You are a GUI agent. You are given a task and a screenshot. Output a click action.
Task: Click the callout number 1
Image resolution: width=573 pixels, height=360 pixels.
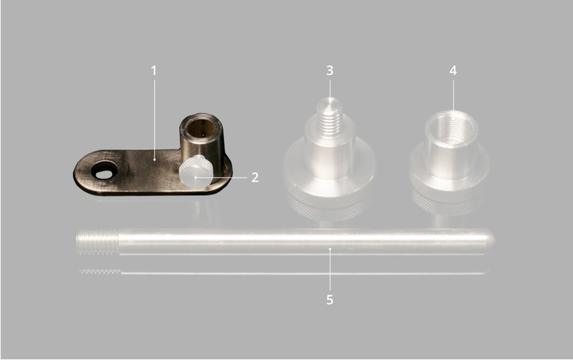(x=154, y=70)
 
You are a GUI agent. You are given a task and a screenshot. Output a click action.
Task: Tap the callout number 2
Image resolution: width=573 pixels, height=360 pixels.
(x=255, y=177)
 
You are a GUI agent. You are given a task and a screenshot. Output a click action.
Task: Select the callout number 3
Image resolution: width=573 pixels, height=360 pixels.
(x=329, y=70)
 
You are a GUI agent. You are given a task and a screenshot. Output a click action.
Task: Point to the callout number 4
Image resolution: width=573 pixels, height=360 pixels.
(x=453, y=70)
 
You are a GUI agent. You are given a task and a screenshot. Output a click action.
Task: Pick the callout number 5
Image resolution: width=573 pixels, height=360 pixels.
(x=329, y=300)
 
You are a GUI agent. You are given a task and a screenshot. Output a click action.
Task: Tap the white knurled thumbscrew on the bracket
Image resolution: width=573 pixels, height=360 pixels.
(x=196, y=171)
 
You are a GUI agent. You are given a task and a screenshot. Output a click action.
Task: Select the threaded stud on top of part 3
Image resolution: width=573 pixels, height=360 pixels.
(x=329, y=116)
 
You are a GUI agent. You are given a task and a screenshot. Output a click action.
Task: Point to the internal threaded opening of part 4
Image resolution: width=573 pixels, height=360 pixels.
(x=452, y=127)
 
